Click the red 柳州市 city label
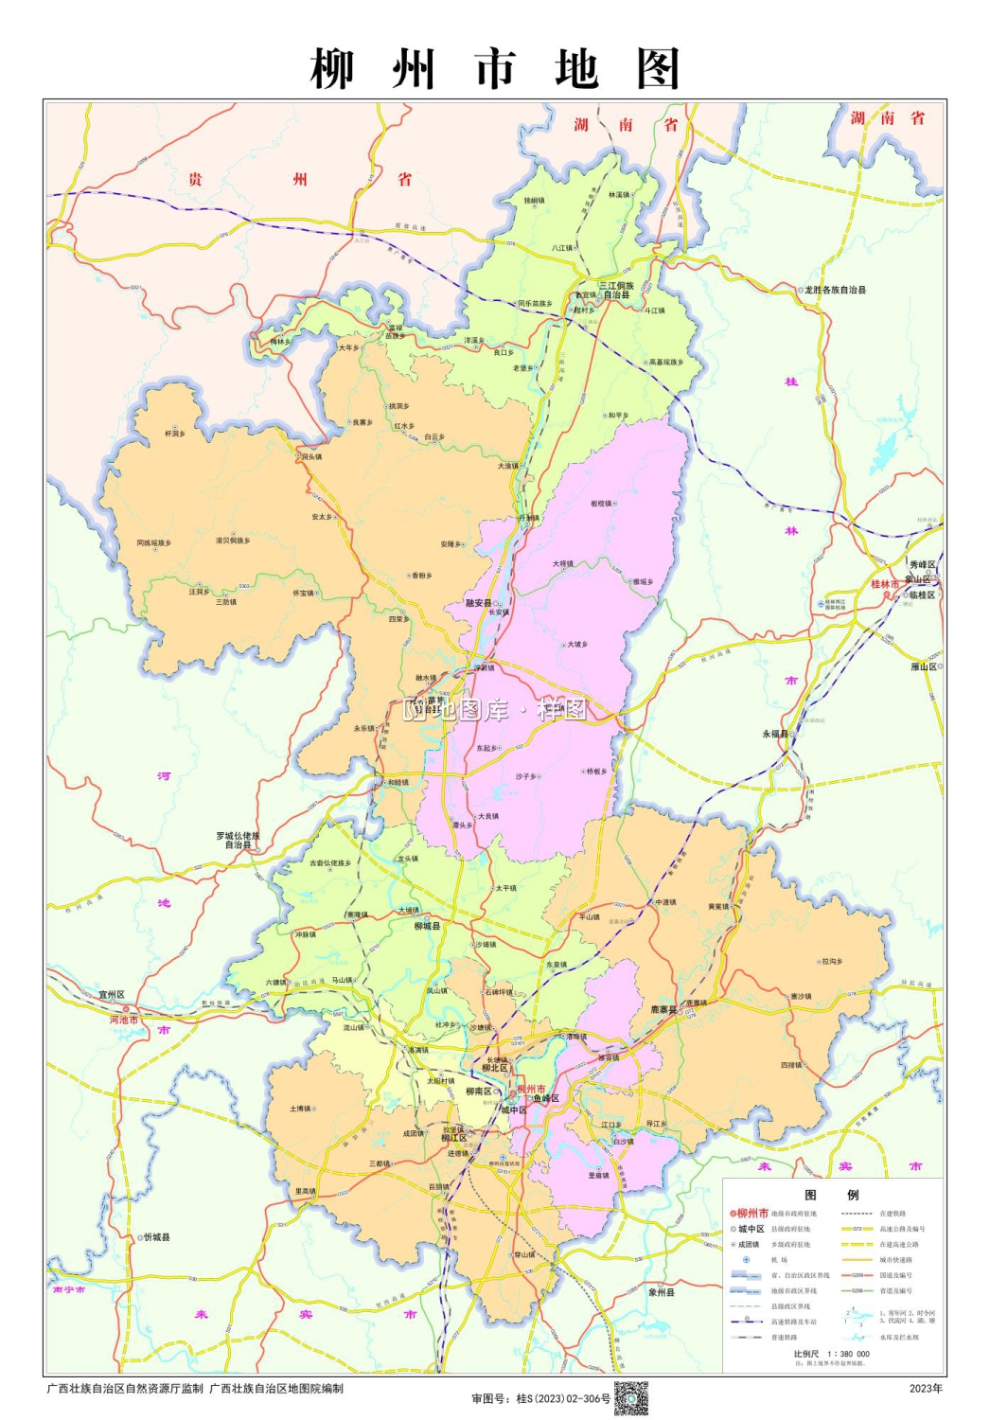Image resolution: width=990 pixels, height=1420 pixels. (x=531, y=1089)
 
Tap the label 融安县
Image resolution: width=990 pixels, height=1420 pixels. (x=478, y=603)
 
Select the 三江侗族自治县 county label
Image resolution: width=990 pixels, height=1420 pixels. (x=616, y=291)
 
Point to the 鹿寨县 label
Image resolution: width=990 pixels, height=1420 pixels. (x=663, y=1010)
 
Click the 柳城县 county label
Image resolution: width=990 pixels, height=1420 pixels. (x=427, y=927)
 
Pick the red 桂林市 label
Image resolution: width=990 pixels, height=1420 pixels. (x=886, y=584)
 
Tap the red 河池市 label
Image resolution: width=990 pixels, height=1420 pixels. (x=124, y=1020)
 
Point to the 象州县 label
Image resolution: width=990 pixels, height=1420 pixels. (x=662, y=1292)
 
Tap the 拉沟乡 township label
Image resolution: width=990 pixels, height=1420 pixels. (x=831, y=961)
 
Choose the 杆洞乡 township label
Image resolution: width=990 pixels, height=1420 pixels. (x=175, y=434)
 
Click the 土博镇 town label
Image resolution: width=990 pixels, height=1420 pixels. (x=300, y=1108)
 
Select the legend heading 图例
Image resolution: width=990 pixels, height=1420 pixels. (x=831, y=1195)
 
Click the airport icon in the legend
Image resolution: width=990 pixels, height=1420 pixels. (x=746, y=1260)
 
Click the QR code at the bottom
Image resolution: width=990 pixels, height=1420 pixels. (x=631, y=1397)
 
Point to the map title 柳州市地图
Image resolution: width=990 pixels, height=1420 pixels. (x=495, y=68)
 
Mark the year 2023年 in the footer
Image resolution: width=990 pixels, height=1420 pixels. (x=926, y=1389)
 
